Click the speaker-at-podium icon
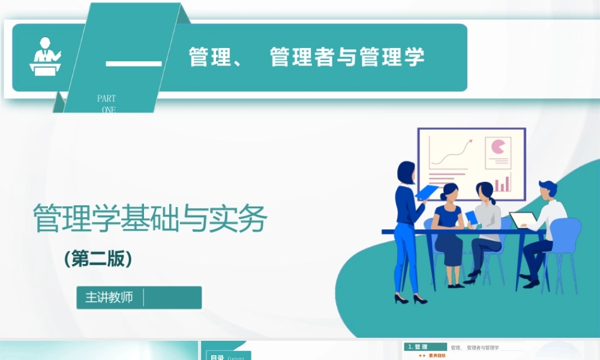pyautogui.click(x=46, y=57)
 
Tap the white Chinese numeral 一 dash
pyautogui.click(x=134, y=63)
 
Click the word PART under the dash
pyautogui.click(x=106, y=98)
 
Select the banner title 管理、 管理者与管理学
pyautogui.click(x=307, y=58)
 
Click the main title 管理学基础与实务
pyautogui.click(x=149, y=219)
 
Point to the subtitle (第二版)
pyautogui.click(x=98, y=259)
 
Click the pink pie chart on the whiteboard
pyautogui.click(x=498, y=146)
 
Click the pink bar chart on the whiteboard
pyautogui.click(x=502, y=183)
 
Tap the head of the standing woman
pyautogui.click(x=406, y=172)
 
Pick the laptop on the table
pyautogui.click(x=524, y=220)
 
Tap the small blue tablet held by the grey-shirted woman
pyautogui.click(x=472, y=217)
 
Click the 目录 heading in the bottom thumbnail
pyautogui.click(x=217, y=358)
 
